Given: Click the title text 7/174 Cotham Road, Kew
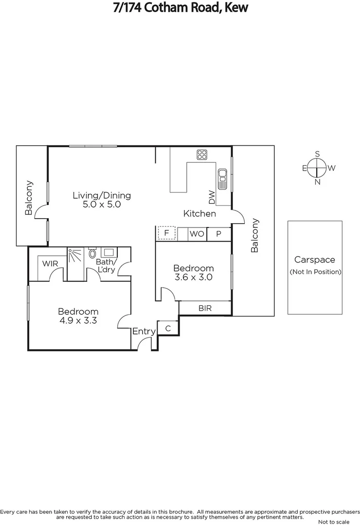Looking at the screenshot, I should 180,7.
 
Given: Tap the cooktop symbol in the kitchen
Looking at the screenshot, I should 202,155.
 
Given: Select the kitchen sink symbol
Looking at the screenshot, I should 222,178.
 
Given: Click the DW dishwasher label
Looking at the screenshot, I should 212,197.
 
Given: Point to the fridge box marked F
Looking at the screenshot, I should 166,233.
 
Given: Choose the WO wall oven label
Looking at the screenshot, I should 197,234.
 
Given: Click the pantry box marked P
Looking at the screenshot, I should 218,234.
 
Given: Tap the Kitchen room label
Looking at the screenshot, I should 199,213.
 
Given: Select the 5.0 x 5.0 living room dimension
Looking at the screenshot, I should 102,205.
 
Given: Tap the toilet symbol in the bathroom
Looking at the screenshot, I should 92,253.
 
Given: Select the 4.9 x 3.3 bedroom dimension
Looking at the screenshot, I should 78,320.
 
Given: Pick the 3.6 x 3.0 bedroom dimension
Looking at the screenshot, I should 193,278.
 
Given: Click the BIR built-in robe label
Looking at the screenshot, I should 205,308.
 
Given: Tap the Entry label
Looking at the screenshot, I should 144,331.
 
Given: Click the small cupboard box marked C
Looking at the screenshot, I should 168,329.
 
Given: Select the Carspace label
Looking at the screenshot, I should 315,260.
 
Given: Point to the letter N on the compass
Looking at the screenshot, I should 317,182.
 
